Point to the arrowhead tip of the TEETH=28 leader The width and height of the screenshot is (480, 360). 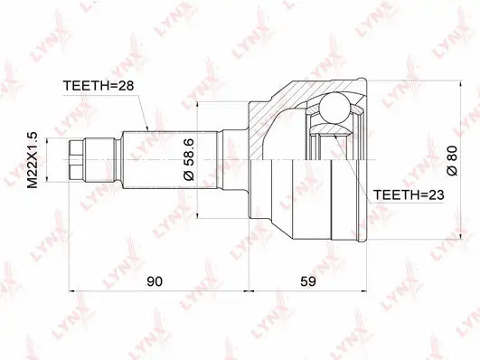[147, 135]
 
